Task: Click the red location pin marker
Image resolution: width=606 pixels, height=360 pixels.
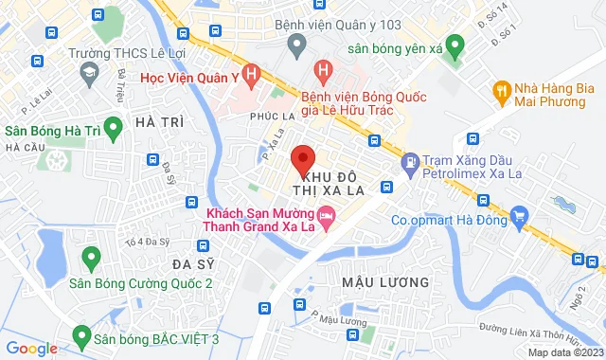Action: coord(303,159)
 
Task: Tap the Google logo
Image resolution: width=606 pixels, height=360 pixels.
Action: coord(31,348)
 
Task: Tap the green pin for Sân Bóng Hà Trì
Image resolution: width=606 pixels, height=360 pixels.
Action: coord(114,126)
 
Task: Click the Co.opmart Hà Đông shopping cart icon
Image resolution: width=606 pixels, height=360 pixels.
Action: coord(519,220)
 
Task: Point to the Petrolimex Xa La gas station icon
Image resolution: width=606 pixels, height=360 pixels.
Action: coord(409,163)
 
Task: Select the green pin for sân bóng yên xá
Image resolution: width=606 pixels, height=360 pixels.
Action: coord(455,45)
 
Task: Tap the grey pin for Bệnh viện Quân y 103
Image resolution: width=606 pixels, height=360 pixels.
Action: coord(297,45)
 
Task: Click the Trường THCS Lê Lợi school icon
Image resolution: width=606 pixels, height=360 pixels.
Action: coord(89,72)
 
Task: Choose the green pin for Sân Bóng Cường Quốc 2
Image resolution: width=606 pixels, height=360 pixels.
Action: coord(92,255)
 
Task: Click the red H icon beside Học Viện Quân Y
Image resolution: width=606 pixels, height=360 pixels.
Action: coord(250,72)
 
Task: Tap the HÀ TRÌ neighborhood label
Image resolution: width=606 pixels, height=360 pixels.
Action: coord(158,122)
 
